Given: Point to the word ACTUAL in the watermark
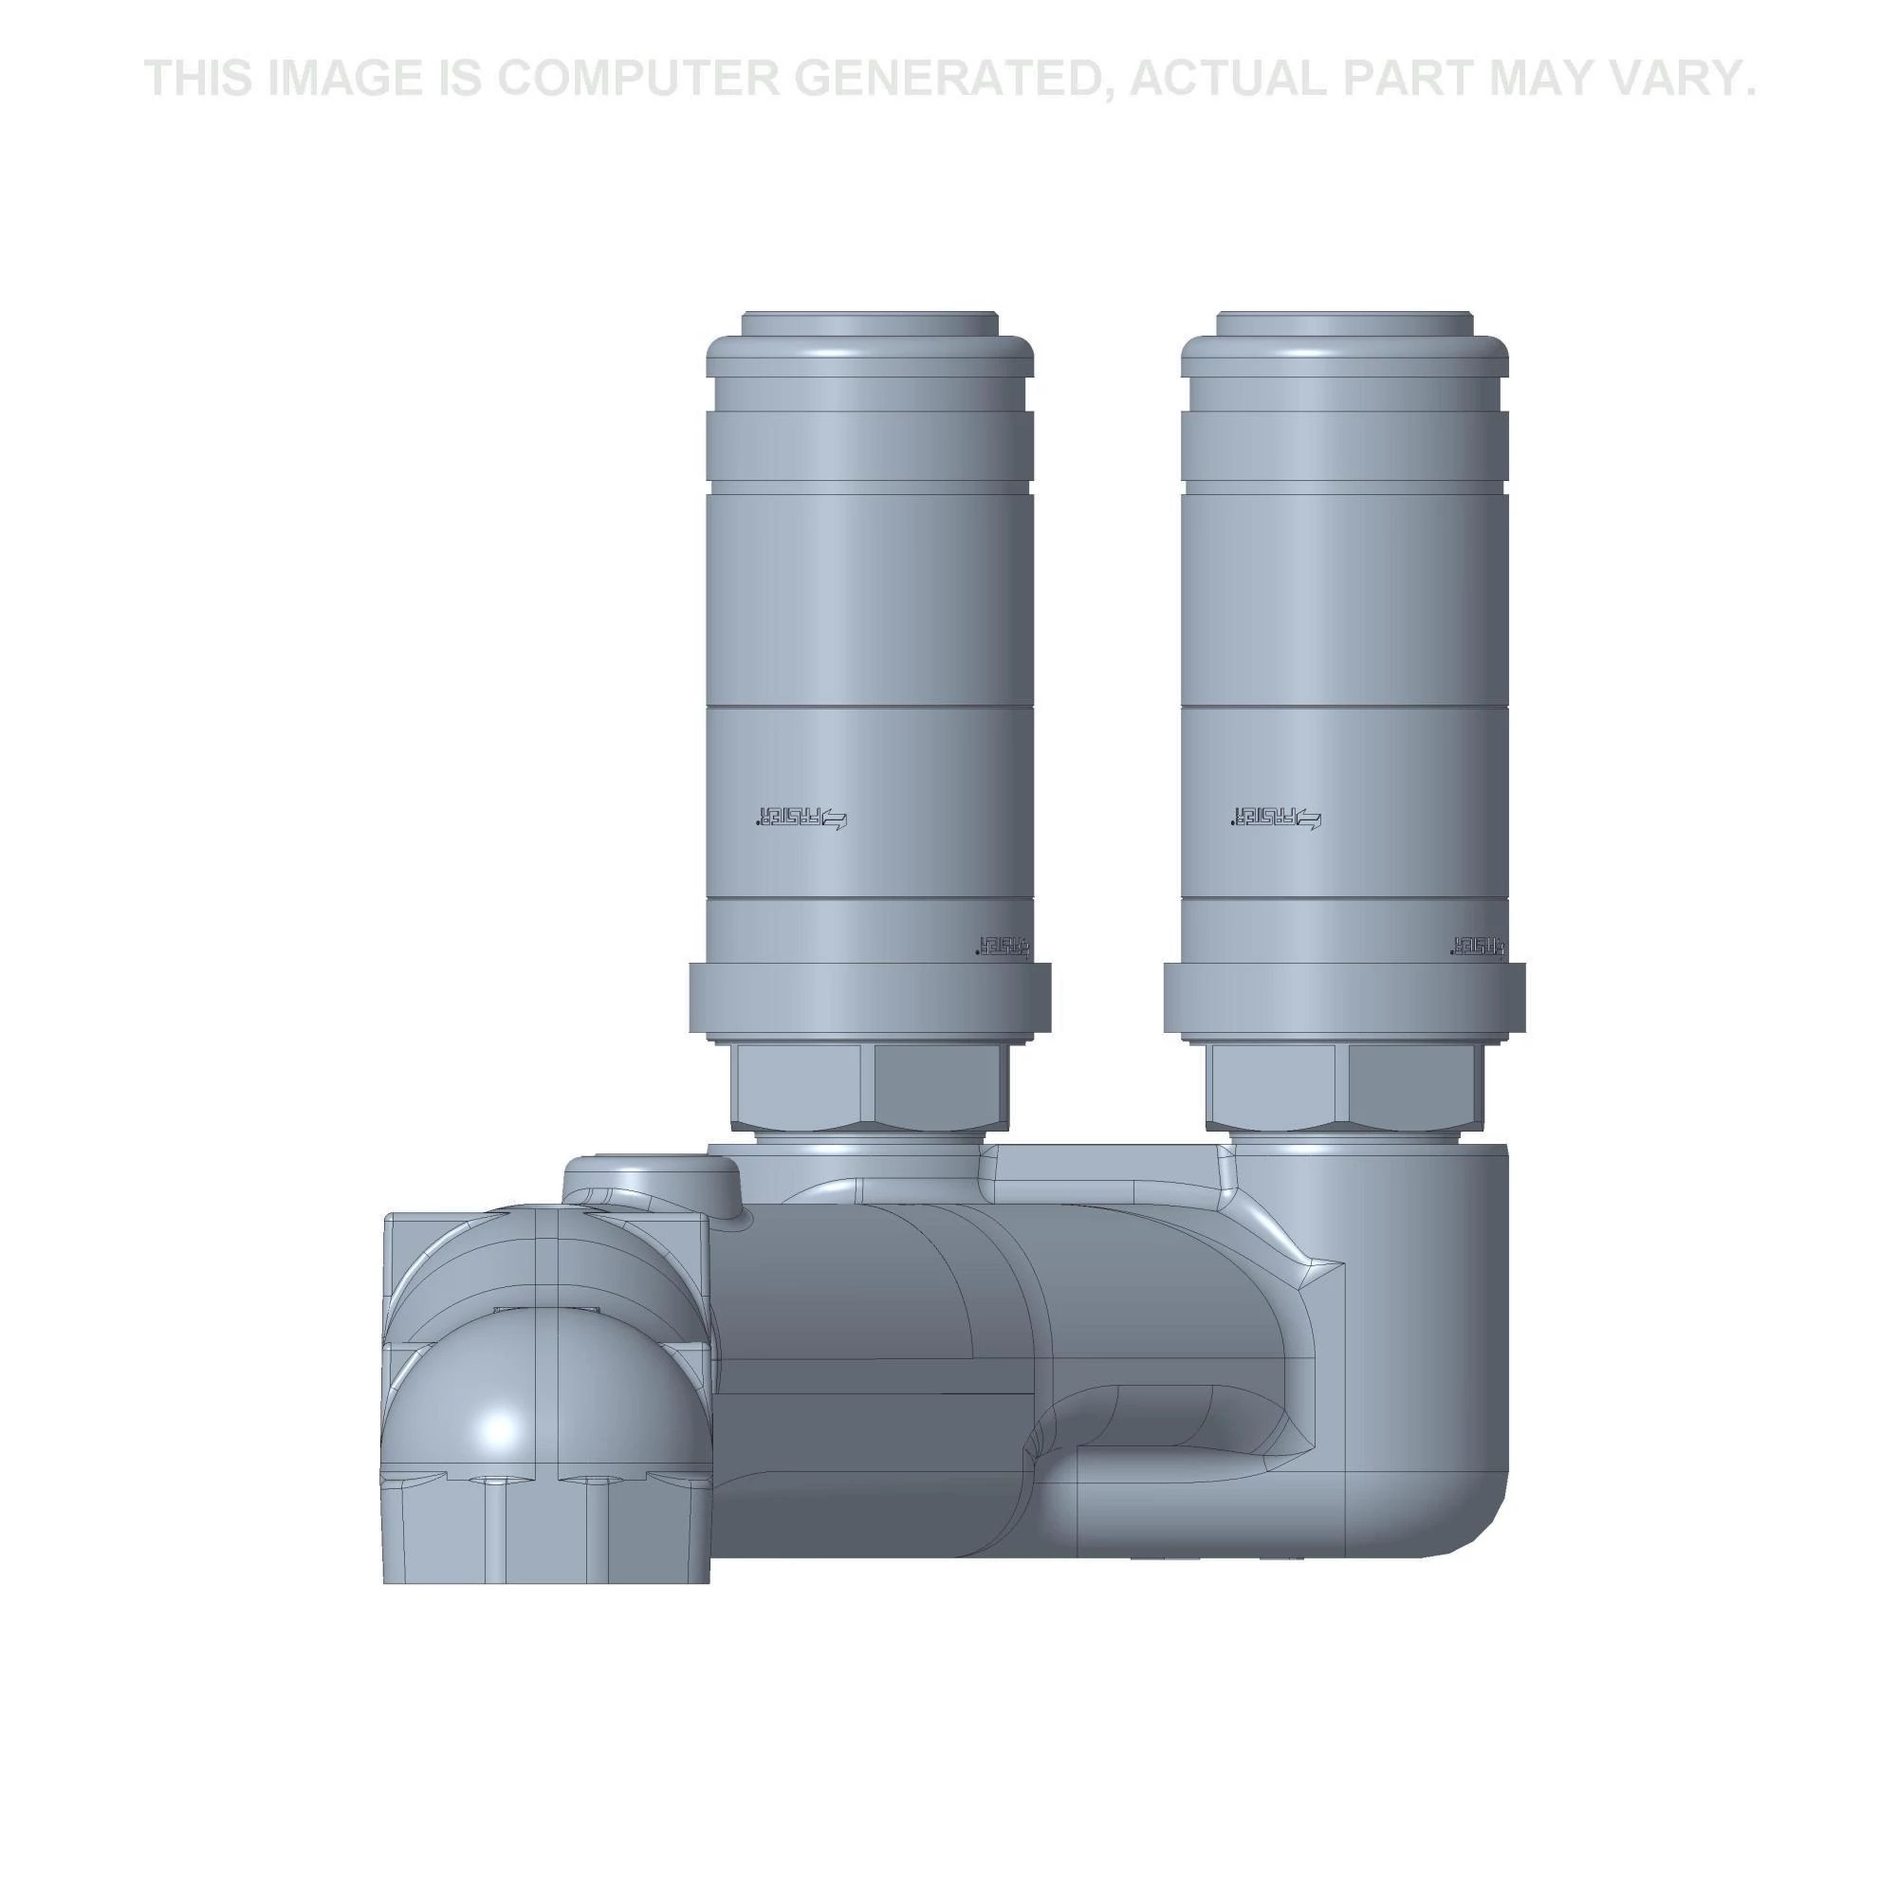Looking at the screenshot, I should [x=1228, y=79].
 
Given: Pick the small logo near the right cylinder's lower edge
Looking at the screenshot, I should [x=1476, y=945].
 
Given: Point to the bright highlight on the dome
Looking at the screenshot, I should [x=501, y=1426].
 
